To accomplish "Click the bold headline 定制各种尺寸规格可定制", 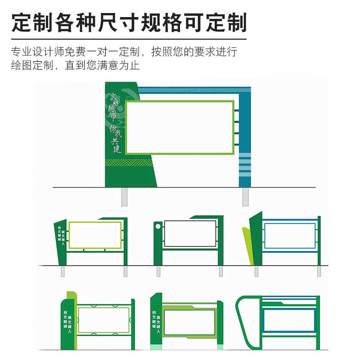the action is coord(129,22).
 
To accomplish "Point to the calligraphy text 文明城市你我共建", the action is coord(115,121).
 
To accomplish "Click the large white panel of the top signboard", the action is coord(180,127).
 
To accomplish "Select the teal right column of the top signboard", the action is coord(245,135).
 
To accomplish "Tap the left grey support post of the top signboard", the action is coord(124,197).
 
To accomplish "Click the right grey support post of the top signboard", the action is coord(245,197).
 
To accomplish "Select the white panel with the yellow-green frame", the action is coord(95,235).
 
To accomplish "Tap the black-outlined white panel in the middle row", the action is coord(190,234).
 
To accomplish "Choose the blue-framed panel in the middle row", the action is coord(289,235).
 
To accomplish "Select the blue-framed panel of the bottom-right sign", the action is coord(289,320).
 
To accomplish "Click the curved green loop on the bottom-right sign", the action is coord(242,315).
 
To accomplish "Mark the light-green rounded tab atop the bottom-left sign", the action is coord(72,295).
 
